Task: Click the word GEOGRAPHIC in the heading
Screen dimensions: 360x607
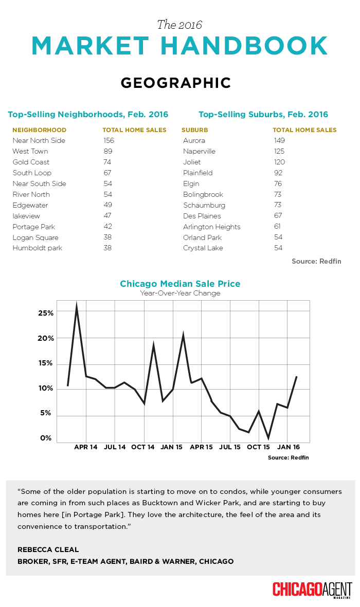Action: (x=176, y=83)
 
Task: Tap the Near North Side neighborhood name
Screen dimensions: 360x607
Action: (x=39, y=140)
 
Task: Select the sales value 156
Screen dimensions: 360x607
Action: (x=109, y=140)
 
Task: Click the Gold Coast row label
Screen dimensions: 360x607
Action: (x=31, y=162)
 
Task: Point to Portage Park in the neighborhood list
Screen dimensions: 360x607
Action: (x=34, y=227)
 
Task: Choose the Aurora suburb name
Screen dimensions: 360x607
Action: (x=194, y=140)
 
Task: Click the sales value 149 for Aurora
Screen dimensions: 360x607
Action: (x=279, y=140)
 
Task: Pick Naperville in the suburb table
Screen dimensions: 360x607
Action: (x=199, y=151)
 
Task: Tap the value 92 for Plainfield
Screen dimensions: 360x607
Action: (x=278, y=173)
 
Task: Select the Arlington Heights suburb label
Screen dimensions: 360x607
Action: (x=211, y=227)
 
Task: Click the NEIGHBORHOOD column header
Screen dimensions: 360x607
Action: (x=40, y=130)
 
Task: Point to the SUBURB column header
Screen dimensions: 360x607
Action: (x=195, y=130)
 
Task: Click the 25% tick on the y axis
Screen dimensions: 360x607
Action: (x=46, y=313)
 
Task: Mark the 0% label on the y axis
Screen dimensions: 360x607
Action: (x=46, y=438)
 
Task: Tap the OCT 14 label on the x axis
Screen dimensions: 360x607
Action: (x=143, y=447)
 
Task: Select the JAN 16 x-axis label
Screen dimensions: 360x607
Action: (x=289, y=447)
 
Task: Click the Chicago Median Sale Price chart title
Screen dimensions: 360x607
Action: (x=180, y=284)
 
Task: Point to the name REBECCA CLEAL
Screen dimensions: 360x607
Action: (x=48, y=550)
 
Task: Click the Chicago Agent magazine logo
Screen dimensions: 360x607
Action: (x=312, y=590)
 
